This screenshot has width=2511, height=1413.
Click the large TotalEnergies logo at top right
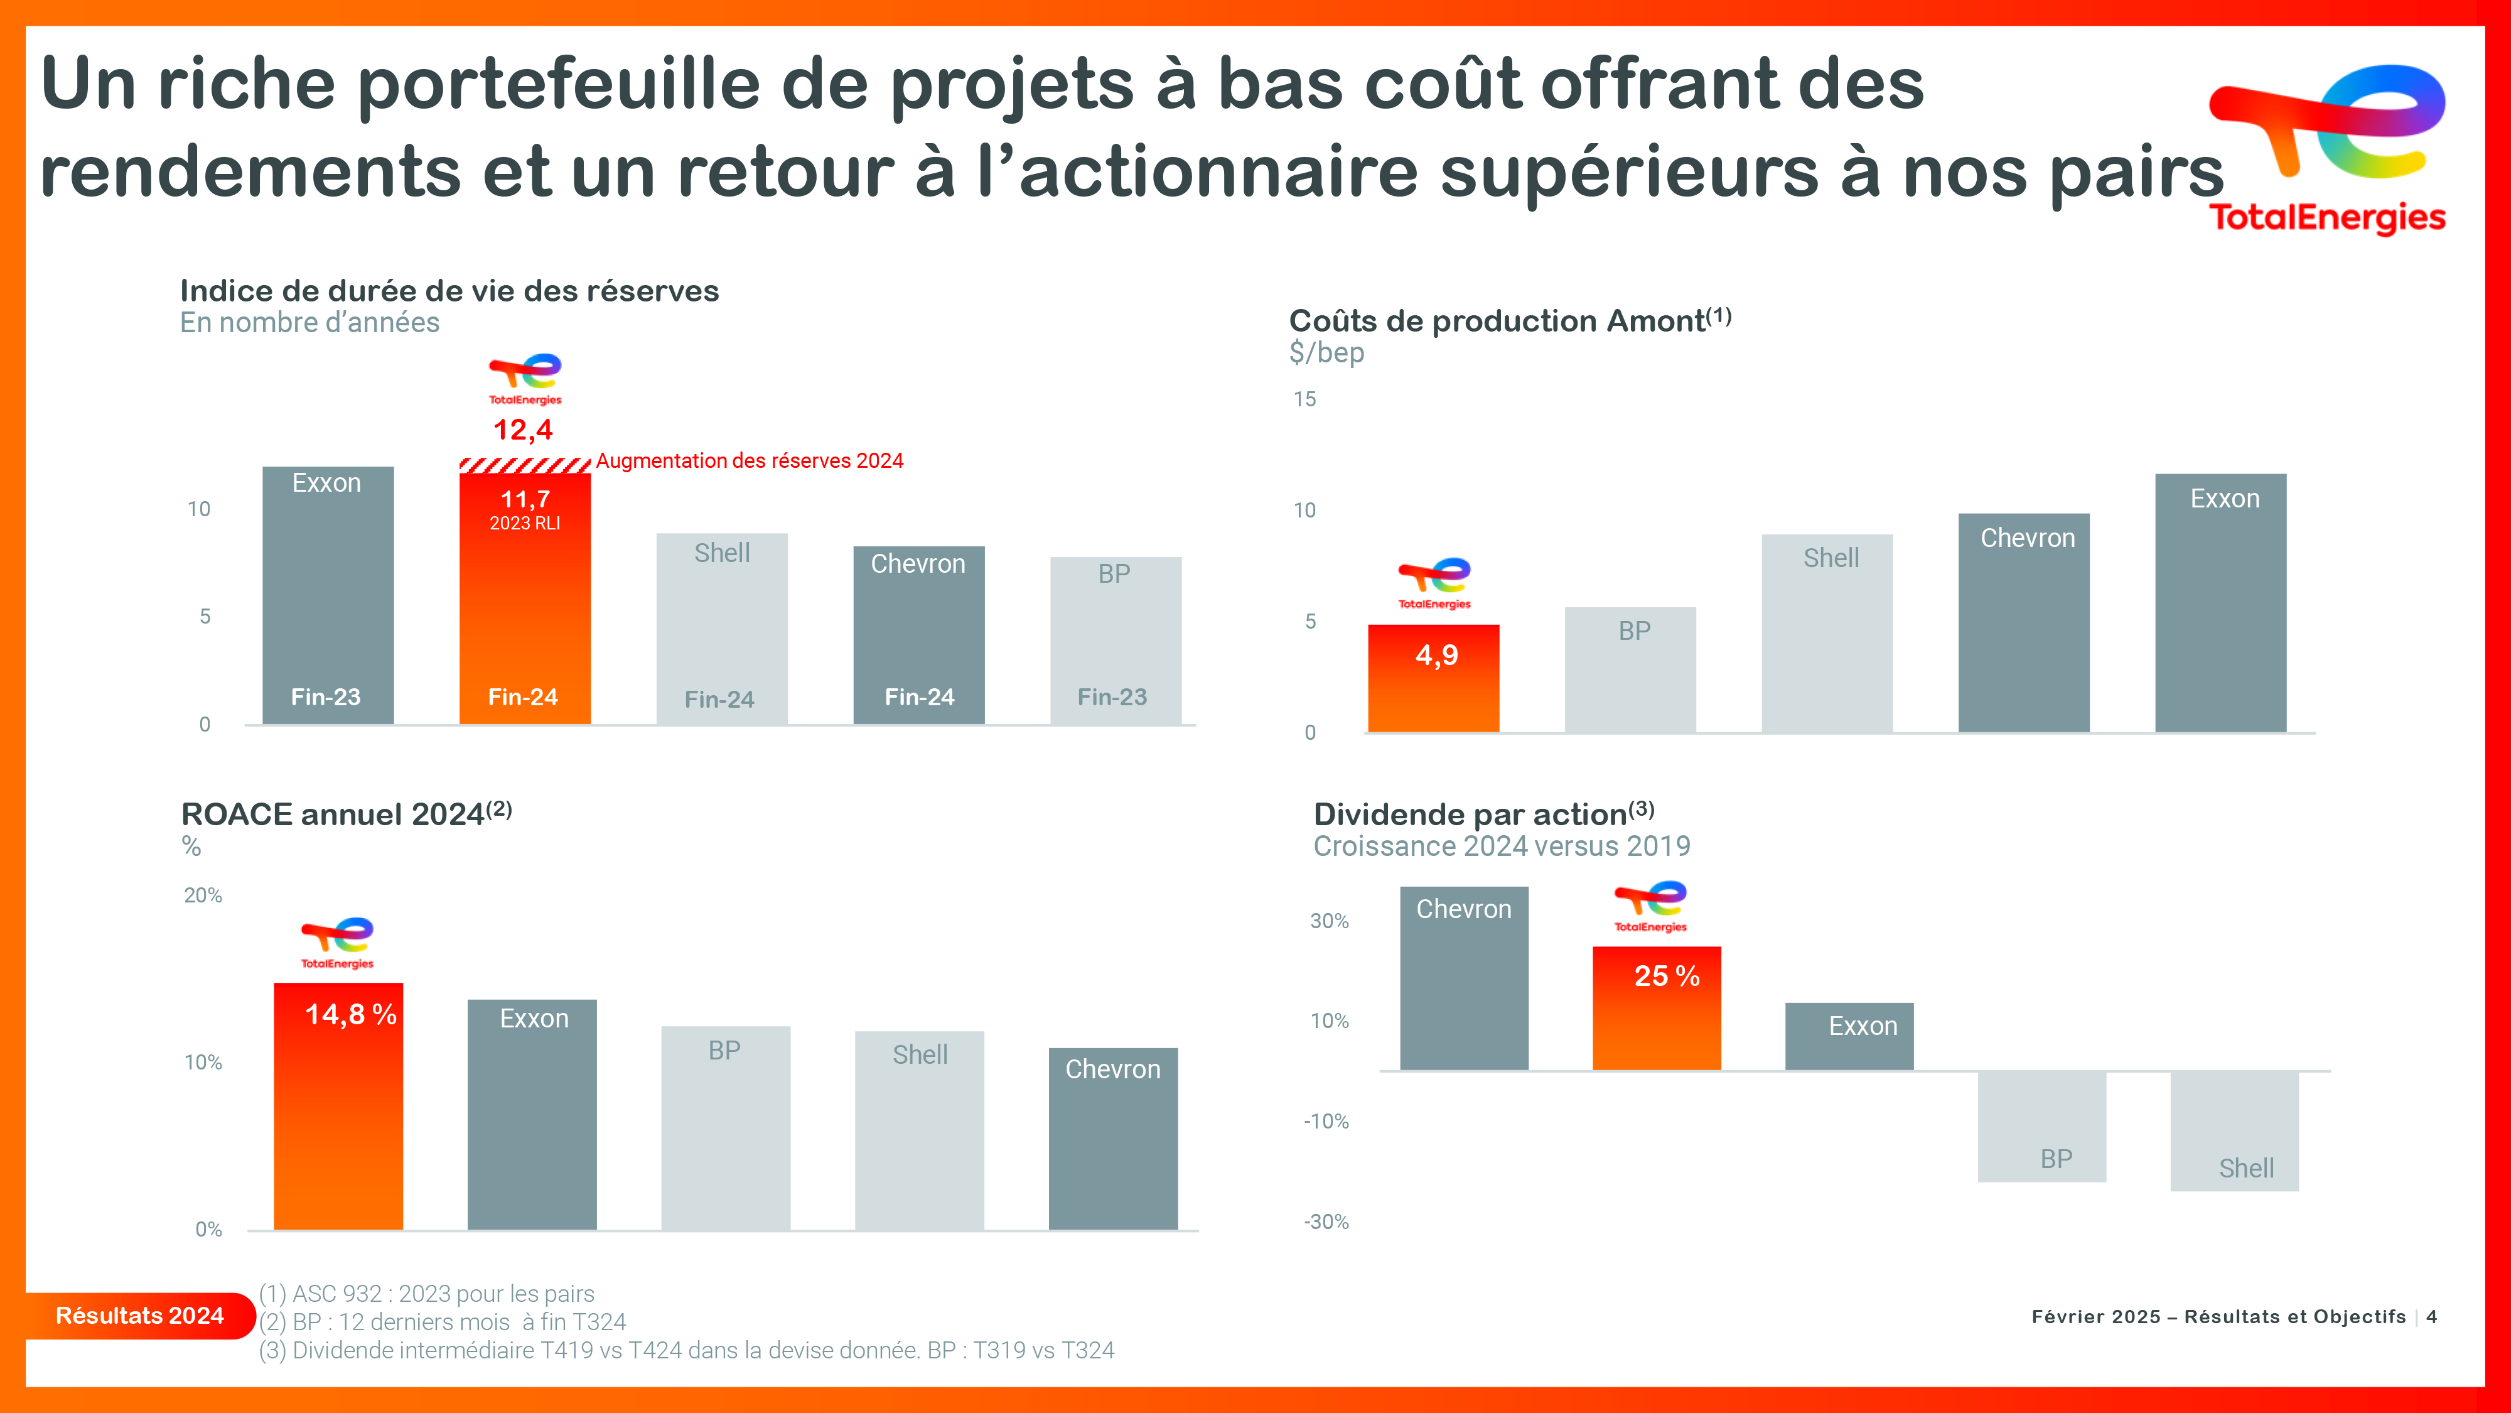pyautogui.click(x=2327, y=146)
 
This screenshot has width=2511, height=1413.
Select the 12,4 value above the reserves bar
pyautogui.click(x=524, y=430)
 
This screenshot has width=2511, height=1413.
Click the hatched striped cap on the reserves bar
pyautogui.click(x=524, y=465)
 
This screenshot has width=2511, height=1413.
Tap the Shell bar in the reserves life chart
pyautogui.click(x=721, y=629)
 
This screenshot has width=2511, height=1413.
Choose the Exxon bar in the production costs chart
pyautogui.click(x=2220, y=605)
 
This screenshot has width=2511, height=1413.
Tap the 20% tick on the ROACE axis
pyautogui.click(x=203, y=895)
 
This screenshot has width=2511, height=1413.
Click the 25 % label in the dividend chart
pyautogui.click(x=1667, y=976)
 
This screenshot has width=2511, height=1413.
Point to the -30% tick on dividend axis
pyautogui.click(x=1326, y=1222)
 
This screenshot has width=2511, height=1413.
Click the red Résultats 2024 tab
pyautogui.click(x=139, y=1316)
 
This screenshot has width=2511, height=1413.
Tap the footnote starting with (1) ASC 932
pyautogui.click(x=427, y=1294)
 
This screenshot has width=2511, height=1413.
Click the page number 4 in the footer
pyautogui.click(x=2432, y=1316)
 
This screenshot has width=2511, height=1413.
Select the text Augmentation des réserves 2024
pyautogui.click(x=750, y=461)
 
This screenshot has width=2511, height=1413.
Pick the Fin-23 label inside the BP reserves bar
pyautogui.click(x=1112, y=697)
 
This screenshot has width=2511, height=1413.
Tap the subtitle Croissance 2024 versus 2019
pyautogui.click(x=1501, y=847)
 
